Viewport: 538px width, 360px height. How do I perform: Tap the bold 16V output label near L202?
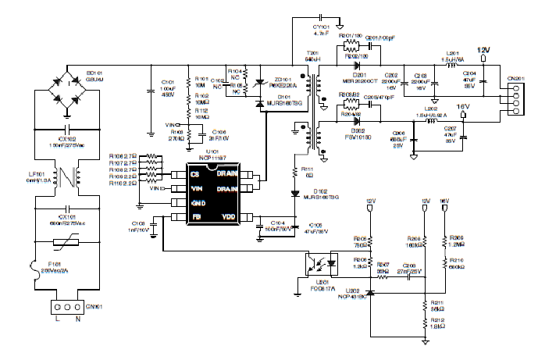[461, 106]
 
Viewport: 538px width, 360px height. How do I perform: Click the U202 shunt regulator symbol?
[370, 292]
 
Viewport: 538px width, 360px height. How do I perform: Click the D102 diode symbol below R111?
[295, 192]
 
